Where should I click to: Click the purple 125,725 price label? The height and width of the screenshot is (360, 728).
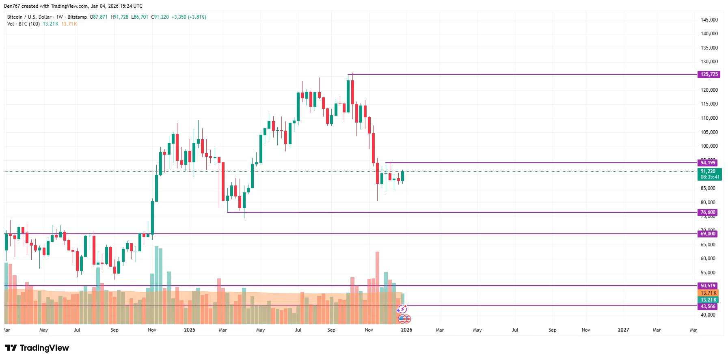pos(709,74)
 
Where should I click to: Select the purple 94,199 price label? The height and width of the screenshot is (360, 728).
pos(708,163)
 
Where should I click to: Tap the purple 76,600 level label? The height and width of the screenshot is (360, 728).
pos(708,212)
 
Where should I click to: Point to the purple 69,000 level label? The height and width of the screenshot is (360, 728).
pos(708,234)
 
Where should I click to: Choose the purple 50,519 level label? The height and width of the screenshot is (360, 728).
pos(708,286)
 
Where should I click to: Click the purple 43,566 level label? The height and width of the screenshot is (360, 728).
pos(708,306)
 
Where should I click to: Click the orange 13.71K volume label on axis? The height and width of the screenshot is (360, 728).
pos(709,293)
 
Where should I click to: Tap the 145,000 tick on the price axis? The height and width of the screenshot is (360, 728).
pos(709,20)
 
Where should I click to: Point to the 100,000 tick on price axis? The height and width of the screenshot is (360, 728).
pos(709,146)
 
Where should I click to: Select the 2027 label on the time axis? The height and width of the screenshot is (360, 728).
pos(623,330)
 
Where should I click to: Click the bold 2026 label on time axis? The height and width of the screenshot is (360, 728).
pos(406,330)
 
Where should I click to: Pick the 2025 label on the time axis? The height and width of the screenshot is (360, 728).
pos(190,330)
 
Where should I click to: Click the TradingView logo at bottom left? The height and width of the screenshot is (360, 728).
pos(37,348)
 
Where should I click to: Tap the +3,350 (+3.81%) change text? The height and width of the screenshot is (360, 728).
pos(189,17)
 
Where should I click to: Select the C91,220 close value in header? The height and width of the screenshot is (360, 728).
pos(160,17)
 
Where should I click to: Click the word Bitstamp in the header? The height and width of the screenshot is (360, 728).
pos(77,17)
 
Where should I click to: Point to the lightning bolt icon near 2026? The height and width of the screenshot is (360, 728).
pos(402,310)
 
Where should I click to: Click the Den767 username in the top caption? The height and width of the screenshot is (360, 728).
pos(12,6)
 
